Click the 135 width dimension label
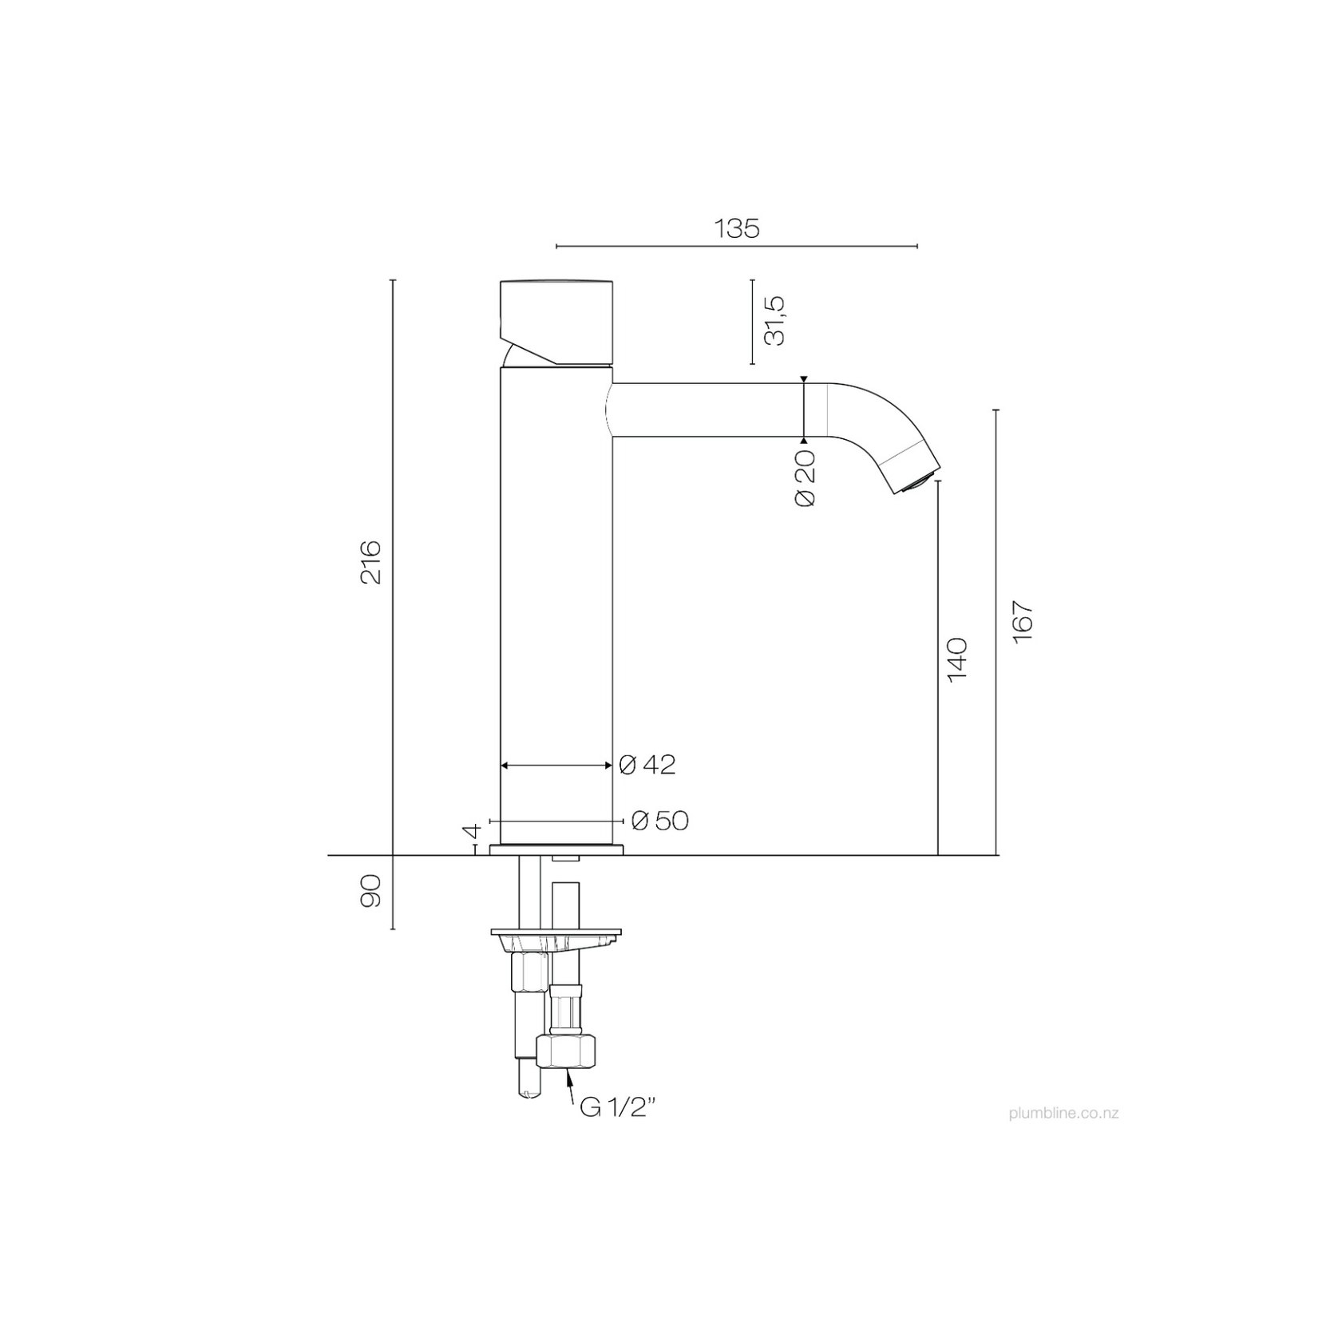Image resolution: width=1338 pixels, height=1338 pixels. pos(737,228)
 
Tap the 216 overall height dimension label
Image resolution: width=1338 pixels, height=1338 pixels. pos(370,562)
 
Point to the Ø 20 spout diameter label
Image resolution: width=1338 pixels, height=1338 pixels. pos(806,477)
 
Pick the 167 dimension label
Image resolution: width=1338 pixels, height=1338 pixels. pos(1023,620)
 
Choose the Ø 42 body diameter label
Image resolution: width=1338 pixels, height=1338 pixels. pos(647,765)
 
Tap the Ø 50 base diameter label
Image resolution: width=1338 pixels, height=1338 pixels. pos(659,821)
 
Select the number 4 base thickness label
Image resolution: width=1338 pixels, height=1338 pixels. pos(471,831)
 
